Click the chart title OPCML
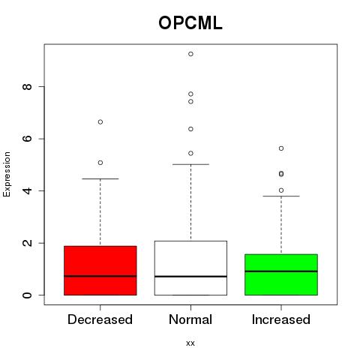coord(190,23)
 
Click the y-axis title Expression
coord(7,174)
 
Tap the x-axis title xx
coord(190,343)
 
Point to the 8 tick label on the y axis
coord(27,87)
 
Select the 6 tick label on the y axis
coord(27,139)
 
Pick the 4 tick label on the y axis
coord(27,190)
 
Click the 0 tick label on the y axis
coord(27,295)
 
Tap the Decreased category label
coord(100,319)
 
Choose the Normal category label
coord(190,319)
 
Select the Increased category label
coord(281,319)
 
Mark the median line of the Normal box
coord(190,276)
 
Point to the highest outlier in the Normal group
coord(190,54)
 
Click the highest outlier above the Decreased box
coord(100,122)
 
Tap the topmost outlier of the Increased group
coord(281,148)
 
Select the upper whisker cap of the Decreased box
coord(100,179)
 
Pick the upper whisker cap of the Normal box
coord(190,164)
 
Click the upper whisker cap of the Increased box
coord(281,196)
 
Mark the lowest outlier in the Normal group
coord(190,153)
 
